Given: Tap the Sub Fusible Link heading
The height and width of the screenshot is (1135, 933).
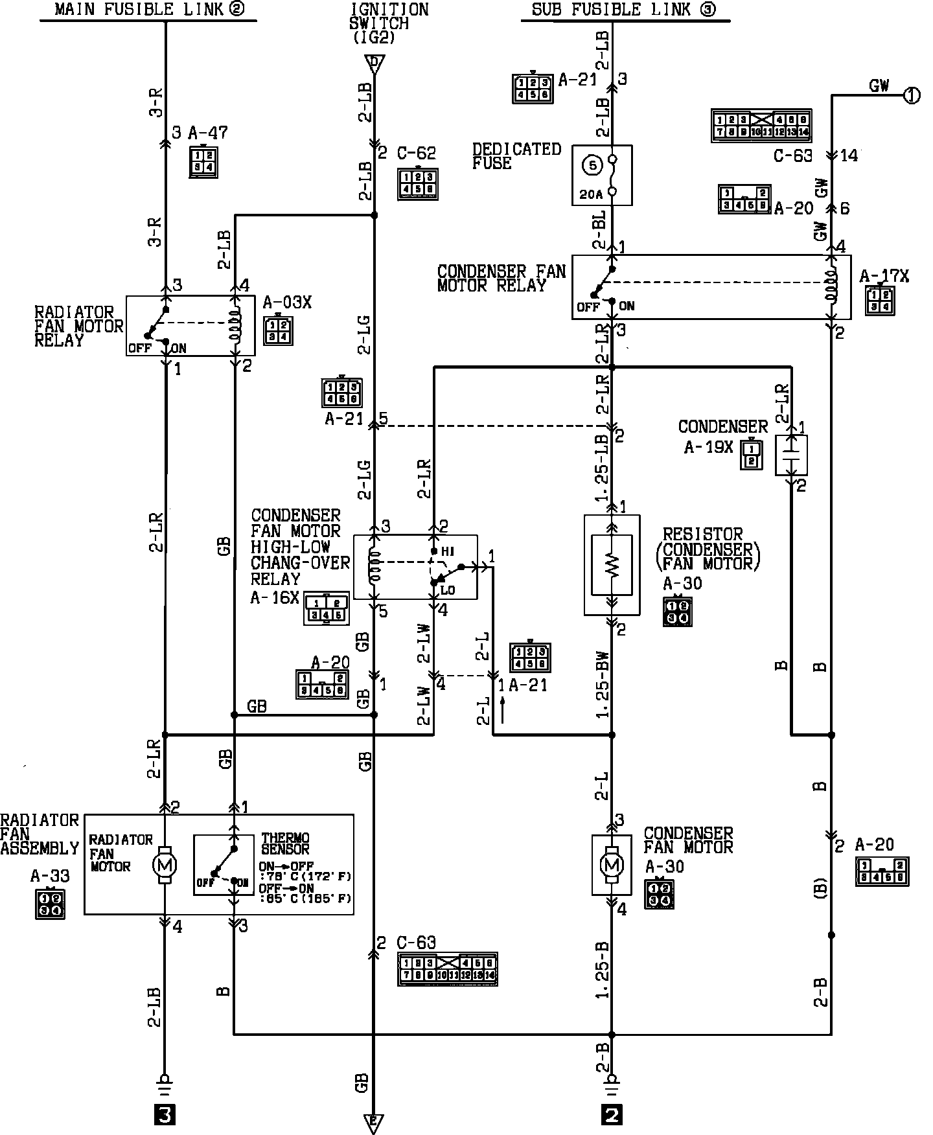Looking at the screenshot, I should coord(623,10).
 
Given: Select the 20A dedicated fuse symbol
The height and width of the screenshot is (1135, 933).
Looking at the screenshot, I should coord(601,175).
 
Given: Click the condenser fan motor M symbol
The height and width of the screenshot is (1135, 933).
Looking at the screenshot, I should coord(612,864).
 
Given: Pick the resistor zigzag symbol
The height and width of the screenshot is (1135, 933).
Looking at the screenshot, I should coord(612,564).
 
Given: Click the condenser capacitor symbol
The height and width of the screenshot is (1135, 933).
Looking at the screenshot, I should coord(791,454).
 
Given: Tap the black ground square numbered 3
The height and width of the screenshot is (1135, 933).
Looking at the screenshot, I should coord(165,1115).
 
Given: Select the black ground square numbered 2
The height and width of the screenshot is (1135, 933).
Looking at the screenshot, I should coord(612,1115).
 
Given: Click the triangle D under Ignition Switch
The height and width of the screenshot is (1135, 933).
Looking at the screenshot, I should coord(374,63).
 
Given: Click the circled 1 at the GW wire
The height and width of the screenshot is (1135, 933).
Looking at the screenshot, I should coord(912,96).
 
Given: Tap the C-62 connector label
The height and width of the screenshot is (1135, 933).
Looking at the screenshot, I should coord(417,154).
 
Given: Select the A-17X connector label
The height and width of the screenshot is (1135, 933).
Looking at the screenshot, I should coord(884,277).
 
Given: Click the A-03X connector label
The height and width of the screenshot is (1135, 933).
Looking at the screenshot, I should coord(287,303).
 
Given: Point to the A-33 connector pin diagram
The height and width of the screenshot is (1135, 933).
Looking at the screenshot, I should coord(50,904).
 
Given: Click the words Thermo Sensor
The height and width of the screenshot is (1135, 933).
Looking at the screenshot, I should coord(285,843).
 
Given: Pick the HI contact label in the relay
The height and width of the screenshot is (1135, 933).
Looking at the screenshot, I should coord(447,551).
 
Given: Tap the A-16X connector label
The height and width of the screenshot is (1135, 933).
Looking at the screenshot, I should coord(275,597).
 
